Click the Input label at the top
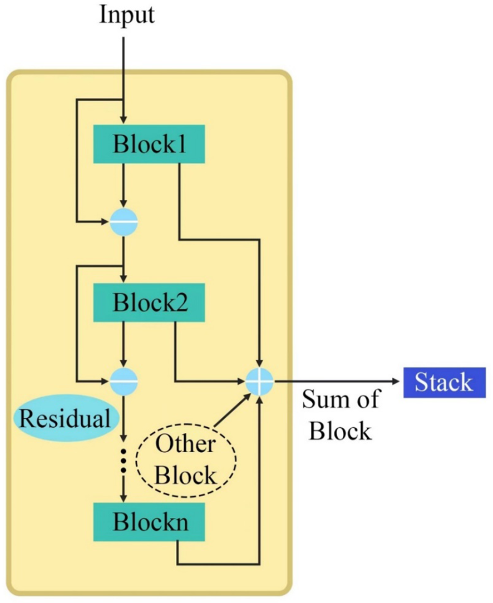click(x=127, y=15)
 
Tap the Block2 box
click(x=149, y=304)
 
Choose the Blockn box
click(x=149, y=522)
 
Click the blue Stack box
click(x=443, y=383)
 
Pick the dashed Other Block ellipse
click(x=185, y=459)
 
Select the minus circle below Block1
click(x=124, y=222)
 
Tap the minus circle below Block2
click(x=124, y=382)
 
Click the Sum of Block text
click(x=341, y=415)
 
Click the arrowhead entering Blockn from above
click(x=124, y=498)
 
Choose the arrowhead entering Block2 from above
click(x=124, y=279)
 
